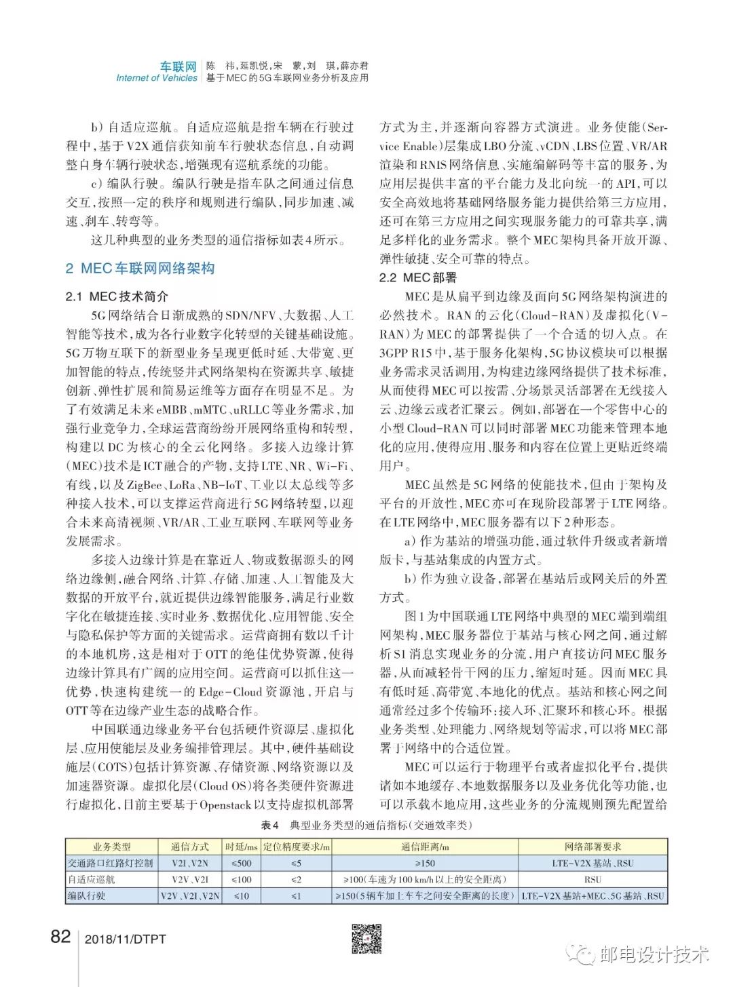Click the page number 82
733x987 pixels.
(60, 937)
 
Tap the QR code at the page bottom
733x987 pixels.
(366, 939)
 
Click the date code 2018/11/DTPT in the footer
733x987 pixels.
(126, 940)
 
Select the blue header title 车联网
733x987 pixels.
(178, 66)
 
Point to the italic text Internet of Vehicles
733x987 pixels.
(156, 78)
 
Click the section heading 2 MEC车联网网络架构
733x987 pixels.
(140, 269)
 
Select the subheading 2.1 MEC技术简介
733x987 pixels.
(117, 296)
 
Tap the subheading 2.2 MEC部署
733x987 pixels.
(418, 277)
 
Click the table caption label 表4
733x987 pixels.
(270, 825)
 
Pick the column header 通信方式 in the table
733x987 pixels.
(190, 847)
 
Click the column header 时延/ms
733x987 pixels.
(242, 847)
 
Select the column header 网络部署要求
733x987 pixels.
(593, 847)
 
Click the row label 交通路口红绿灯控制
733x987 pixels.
(111, 863)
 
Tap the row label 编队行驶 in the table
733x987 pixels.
(86, 895)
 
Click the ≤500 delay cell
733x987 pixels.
(242, 863)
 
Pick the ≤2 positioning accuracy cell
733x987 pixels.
(296, 879)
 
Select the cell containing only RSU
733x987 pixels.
(593, 879)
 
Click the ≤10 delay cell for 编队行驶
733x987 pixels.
(242, 895)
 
